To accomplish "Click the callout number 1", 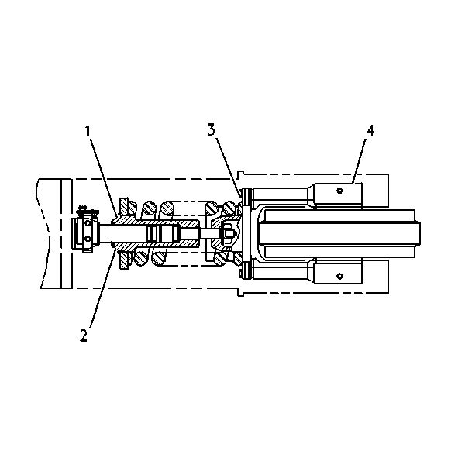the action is click(87, 132).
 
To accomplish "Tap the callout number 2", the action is click(84, 336).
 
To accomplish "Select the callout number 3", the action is click(211, 130).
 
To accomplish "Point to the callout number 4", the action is click(370, 131).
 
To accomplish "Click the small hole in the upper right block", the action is click(340, 191).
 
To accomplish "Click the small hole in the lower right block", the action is click(340, 277).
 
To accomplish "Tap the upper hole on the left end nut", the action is click(88, 222).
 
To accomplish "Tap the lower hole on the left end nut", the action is click(88, 238).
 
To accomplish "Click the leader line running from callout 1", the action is click(103, 176).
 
